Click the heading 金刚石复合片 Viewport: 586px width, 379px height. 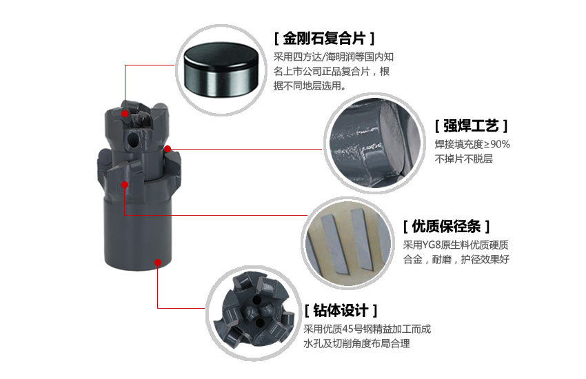click(324, 38)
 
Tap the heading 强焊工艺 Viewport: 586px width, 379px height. click(471, 126)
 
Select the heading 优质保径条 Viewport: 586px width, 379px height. click(446, 226)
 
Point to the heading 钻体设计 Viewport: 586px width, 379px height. click(341, 310)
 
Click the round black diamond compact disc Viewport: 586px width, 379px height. click(221, 70)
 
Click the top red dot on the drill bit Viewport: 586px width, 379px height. click(125, 113)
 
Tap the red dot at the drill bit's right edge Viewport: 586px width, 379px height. click(168, 149)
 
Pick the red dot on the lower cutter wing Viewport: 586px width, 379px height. click(125, 185)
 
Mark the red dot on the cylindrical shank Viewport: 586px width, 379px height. click(158, 263)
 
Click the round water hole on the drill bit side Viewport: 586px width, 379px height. click(133, 140)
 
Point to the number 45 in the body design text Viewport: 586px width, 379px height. click(348, 329)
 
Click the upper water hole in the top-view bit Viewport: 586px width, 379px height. click(256, 300)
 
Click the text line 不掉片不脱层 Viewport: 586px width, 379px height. click(464, 159)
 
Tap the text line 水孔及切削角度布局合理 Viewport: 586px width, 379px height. click(356, 344)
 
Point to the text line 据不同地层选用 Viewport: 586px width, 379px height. click(310, 86)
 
